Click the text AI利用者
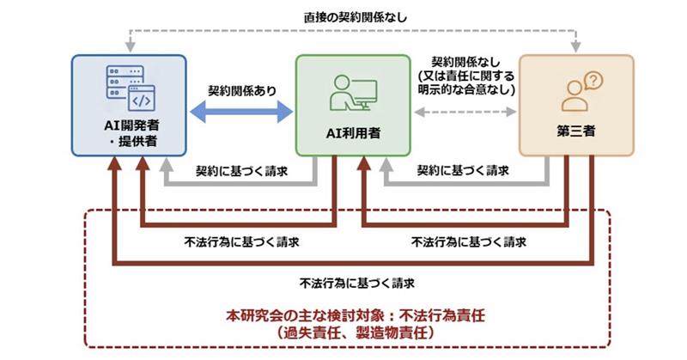(352, 134)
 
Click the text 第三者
(577, 134)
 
